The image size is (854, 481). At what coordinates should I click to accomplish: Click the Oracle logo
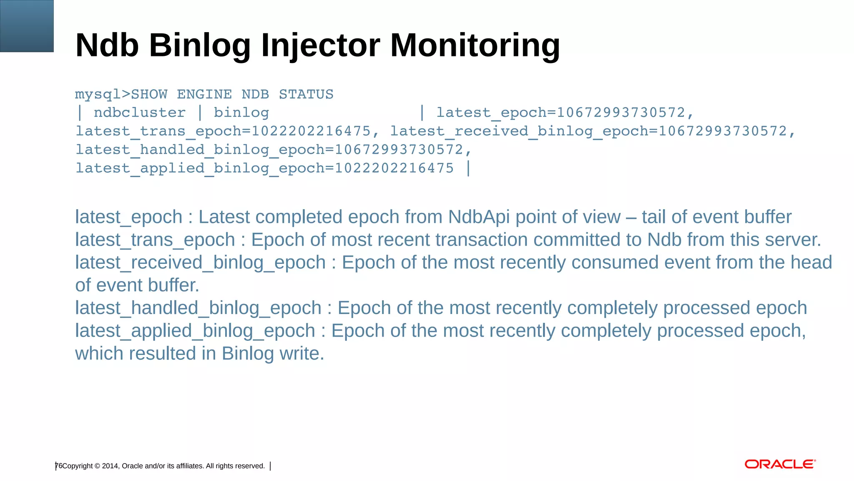[x=780, y=464]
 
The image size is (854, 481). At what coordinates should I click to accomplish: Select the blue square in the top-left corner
[x=27, y=26]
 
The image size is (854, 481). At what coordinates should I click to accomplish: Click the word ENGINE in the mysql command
[x=204, y=94]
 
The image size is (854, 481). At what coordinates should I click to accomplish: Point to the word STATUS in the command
[x=306, y=94]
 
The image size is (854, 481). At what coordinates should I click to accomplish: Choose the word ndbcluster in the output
[x=140, y=113]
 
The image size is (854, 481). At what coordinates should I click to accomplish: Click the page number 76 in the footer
[x=59, y=466]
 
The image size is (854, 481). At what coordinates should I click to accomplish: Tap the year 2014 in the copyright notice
[x=110, y=466]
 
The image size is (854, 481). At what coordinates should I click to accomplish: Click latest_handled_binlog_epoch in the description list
[x=198, y=308]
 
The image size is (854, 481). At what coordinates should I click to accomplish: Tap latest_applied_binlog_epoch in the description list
[x=195, y=331]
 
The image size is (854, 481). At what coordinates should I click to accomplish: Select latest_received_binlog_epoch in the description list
[x=200, y=263]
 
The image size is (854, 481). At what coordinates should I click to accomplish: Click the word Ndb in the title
[x=107, y=46]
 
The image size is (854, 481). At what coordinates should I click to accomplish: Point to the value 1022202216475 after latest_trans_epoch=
[x=311, y=131]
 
